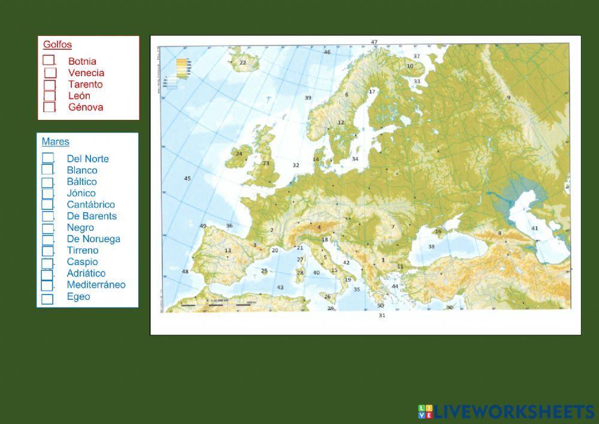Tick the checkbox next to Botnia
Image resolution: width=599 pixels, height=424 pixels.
tap(49, 60)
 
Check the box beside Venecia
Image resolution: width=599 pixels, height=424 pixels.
tap(50, 73)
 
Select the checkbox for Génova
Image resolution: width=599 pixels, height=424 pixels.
tap(50, 107)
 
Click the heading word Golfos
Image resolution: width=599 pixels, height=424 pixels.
tap(58, 44)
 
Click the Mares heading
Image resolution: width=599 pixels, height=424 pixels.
tap(56, 142)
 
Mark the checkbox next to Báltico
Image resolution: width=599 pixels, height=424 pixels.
tap(47, 182)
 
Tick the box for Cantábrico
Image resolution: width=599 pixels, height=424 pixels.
tap(47, 205)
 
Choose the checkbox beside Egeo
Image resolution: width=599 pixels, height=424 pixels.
tap(47, 298)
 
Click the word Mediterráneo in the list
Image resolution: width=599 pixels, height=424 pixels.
tap(96, 285)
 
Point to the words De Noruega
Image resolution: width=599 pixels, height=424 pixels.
tap(93, 239)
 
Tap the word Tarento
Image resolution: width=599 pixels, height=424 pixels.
tap(86, 84)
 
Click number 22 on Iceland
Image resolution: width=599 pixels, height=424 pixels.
tap(243, 62)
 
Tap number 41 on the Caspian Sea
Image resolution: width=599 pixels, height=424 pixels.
tap(535, 228)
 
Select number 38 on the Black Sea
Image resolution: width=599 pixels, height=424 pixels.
tap(431, 246)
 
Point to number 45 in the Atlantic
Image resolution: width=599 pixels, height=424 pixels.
tap(187, 178)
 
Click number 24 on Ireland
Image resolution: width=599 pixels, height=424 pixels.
tap(239, 154)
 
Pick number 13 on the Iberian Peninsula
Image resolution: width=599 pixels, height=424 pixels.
tap(228, 251)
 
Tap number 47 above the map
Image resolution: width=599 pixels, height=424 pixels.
tap(374, 42)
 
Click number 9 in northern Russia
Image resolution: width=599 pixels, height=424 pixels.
tap(509, 97)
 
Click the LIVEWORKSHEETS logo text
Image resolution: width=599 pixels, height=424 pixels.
tap(514, 411)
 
